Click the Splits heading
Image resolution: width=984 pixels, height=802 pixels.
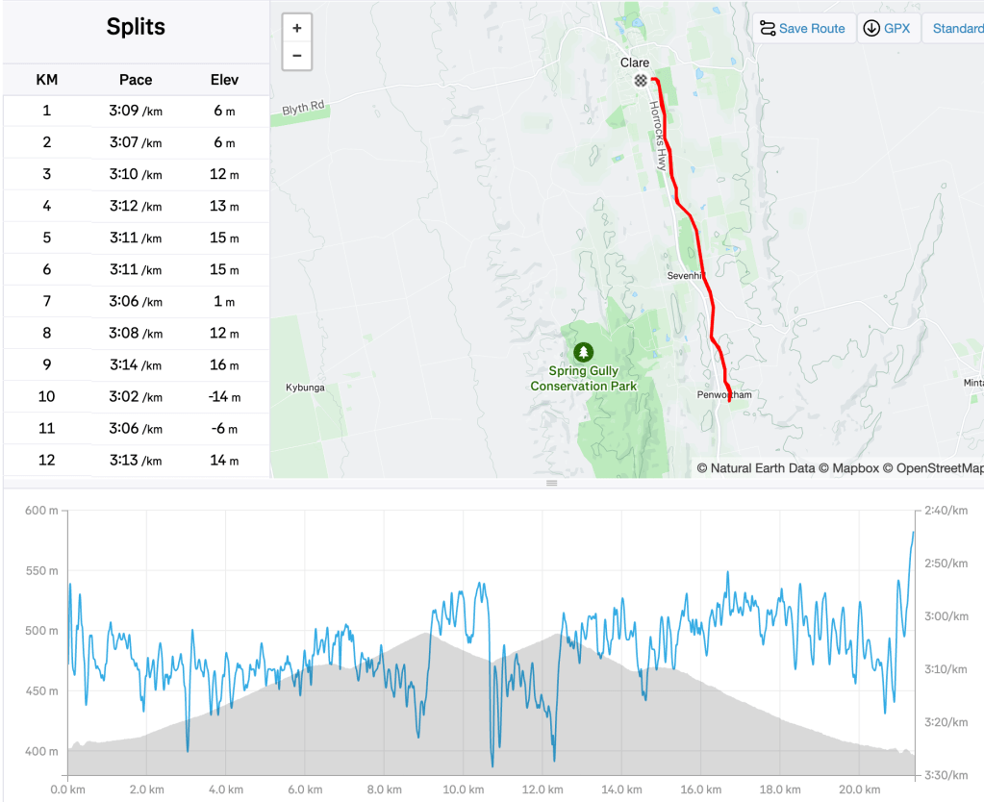136,27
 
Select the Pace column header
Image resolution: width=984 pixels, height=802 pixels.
136,80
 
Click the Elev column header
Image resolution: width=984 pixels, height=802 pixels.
224,80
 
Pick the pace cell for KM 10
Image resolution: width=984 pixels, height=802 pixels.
136,396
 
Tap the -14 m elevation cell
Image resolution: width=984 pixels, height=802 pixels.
224,396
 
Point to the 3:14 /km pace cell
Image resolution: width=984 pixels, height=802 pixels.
136,364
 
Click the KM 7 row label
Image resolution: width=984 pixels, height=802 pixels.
46,301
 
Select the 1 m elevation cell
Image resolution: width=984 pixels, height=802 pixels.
224,301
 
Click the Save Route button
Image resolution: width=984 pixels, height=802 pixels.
802,28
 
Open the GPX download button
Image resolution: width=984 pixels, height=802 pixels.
888,28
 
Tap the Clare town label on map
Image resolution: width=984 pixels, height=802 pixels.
635,63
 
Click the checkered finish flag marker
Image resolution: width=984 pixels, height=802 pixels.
641,81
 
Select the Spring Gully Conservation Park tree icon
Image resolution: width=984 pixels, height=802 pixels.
583,352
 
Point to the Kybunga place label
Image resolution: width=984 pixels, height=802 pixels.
305,388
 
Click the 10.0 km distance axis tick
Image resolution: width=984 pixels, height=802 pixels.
464,789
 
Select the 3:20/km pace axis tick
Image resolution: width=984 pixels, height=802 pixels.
946,721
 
